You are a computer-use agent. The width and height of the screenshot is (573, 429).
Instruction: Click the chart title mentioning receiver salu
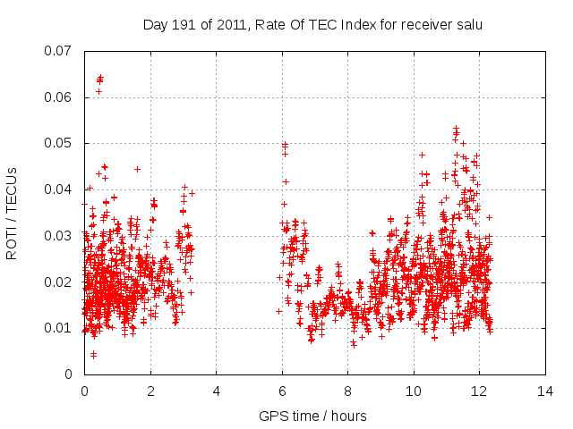pos(312,25)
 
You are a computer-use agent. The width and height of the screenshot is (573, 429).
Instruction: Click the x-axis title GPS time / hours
pos(312,416)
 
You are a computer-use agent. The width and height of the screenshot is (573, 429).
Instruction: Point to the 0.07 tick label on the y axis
pos(58,50)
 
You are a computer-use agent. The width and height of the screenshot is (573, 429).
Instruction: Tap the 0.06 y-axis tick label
pos(58,97)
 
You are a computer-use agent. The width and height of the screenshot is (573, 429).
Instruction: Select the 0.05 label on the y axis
pos(58,143)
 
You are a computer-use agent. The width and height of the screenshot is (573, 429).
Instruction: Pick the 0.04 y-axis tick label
pos(58,189)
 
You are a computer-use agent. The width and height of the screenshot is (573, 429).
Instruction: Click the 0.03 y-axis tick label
pos(58,236)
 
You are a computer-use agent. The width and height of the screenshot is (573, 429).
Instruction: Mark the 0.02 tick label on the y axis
pos(58,282)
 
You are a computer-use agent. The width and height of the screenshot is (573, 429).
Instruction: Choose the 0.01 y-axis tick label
pos(58,328)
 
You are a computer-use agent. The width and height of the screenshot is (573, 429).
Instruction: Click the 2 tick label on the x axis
pos(150,391)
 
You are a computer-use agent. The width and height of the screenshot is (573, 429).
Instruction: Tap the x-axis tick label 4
pos(216,391)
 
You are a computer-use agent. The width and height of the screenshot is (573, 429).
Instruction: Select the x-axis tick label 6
pos(282,391)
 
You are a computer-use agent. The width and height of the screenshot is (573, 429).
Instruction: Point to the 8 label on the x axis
pos(347,391)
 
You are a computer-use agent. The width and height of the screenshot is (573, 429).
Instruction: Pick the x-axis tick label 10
pos(414,391)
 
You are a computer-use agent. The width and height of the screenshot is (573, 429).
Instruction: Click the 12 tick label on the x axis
pos(479,391)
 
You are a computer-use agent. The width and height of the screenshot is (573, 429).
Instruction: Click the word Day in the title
pos(155,25)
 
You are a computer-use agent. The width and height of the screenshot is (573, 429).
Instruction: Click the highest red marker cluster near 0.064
pos(99,79)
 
